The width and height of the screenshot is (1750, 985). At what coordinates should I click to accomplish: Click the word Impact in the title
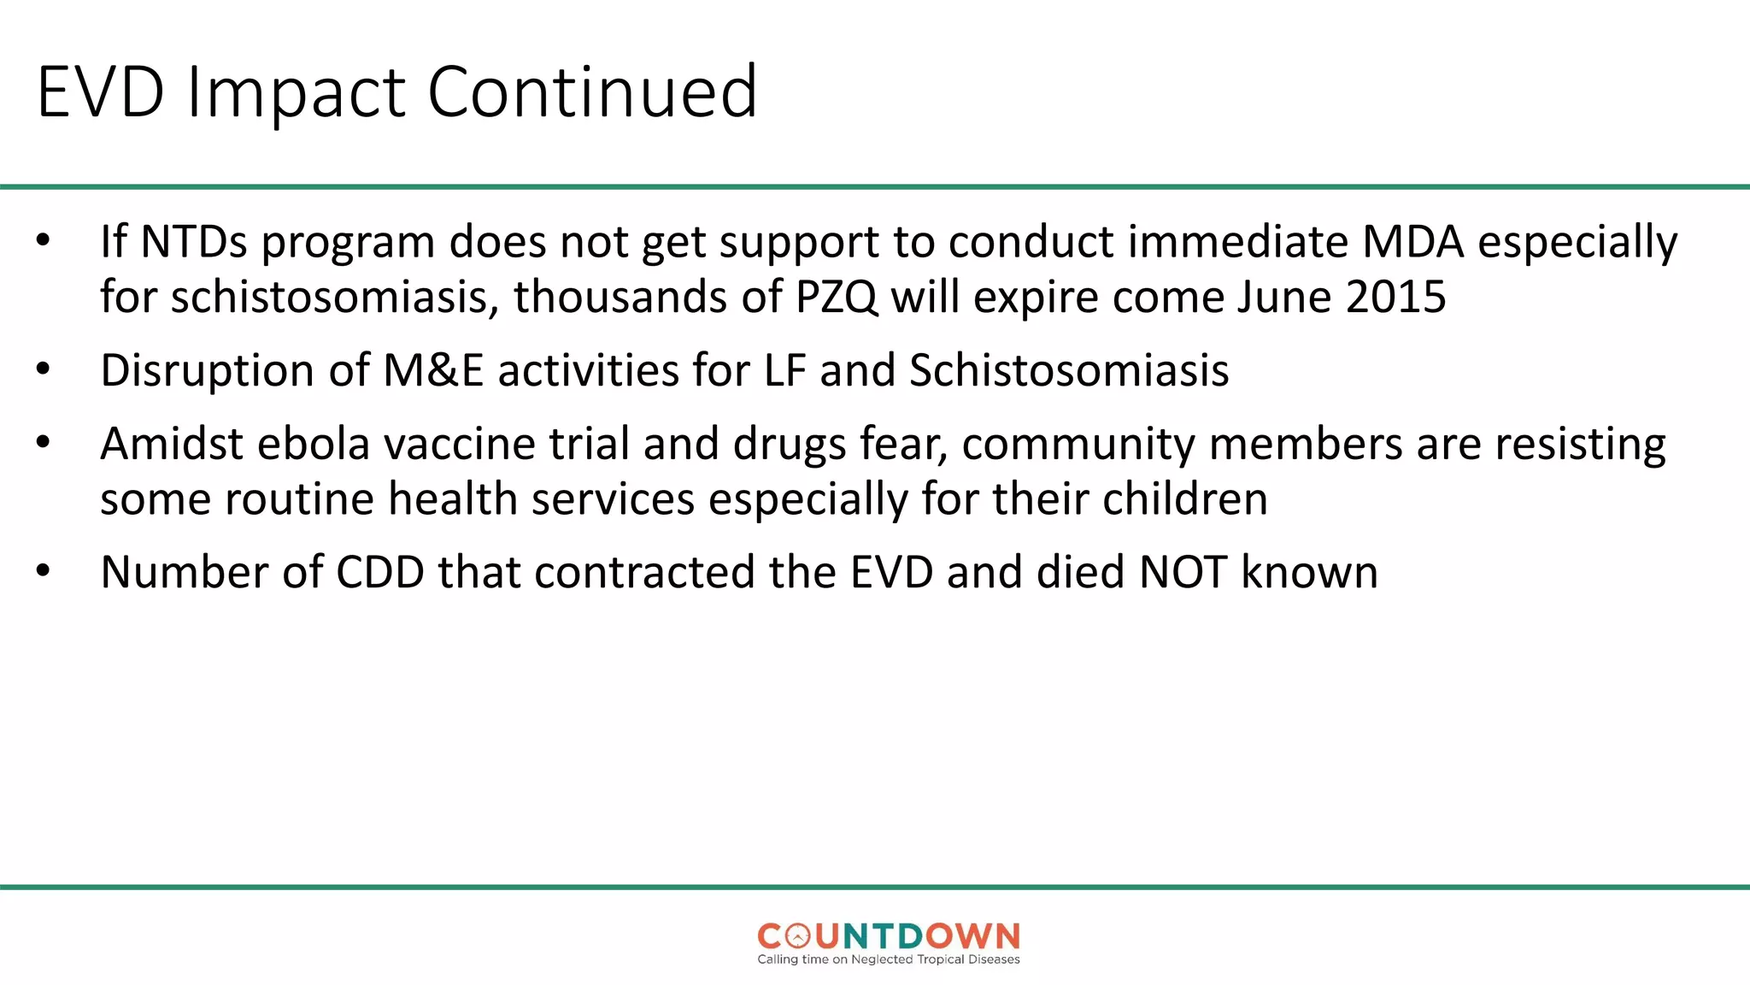pyautogui.click(x=296, y=92)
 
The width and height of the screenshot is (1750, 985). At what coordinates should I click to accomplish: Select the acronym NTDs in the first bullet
pyautogui.click(x=194, y=242)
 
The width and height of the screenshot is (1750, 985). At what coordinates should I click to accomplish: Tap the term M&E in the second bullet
pyautogui.click(x=433, y=371)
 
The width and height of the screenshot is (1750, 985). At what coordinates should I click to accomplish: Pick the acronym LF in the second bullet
pyautogui.click(x=784, y=371)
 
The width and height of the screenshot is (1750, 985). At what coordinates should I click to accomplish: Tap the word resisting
pyautogui.click(x=1580, y=445)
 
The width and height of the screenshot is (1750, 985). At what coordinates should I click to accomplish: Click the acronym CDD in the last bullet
pyautogui.click(x=380, y=573)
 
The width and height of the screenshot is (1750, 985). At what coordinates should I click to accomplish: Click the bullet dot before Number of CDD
pyautogui.click(x=44, y=571)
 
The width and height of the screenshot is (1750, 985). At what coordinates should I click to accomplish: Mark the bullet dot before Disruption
pyautogui.click(x=44, y=369)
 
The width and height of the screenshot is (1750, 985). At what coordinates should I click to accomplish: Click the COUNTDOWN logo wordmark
pyautogui.click(x=889, y=936)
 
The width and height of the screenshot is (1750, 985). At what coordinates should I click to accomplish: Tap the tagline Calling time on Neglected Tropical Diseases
pyautogui.click(x=889, y=959)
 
